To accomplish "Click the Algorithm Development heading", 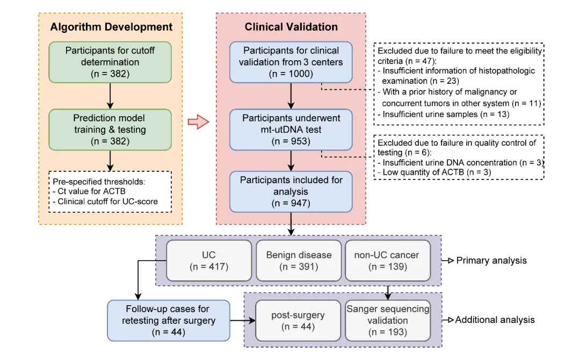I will [111, 27].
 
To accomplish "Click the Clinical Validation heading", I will [291, 27].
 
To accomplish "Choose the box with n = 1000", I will [291, 62].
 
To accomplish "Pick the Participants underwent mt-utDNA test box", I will [291, 128].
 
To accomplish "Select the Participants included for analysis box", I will [291, 191].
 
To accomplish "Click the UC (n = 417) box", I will [209, 260].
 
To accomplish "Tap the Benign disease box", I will [299, 260].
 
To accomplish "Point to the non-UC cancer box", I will [387, 260].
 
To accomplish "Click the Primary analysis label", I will [491, 260].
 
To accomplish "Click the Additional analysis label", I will [495, 320].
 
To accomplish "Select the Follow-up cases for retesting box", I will [169, 320].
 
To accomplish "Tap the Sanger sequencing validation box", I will [388, 320].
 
